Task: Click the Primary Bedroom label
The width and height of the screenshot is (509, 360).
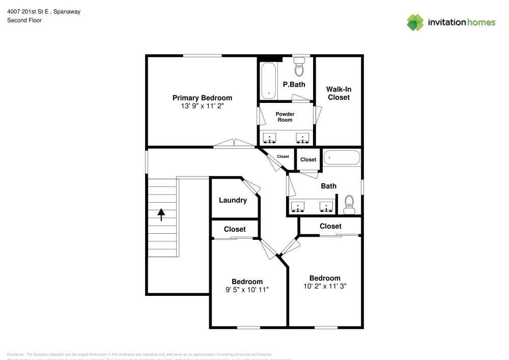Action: (x=202, y=98)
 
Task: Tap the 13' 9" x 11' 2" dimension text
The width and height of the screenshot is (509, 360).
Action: (x=202, y=106)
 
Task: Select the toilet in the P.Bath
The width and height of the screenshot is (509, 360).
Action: (x=299, y=68)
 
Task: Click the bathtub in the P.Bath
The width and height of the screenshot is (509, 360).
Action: (x=268, y=80)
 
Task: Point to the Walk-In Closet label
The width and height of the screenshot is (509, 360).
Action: (x=338, y=93)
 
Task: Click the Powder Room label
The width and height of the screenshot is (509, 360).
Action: (x=285, y=117)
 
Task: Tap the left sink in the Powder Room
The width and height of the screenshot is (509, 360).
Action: (x=269, y=137)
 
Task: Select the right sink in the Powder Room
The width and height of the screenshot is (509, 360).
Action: (x=303, y=137)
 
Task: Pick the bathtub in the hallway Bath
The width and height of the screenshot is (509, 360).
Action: (x=342, y=158)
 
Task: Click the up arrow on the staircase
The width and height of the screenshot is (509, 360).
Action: (x=161, y=214)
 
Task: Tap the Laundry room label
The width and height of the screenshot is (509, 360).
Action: (x=233, y=200)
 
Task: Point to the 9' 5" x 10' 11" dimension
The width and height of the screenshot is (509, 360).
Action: (x=247, y=289)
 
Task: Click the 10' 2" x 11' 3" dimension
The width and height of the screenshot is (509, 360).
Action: (x=325, y=286)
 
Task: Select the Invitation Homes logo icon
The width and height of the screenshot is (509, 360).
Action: (x=415, y=22)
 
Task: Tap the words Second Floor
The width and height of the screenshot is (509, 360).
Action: (x=24, y=20)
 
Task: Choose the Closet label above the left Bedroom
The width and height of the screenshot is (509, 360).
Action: (x=235, y=229)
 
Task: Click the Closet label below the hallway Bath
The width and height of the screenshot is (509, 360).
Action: (x=330, y=226)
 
